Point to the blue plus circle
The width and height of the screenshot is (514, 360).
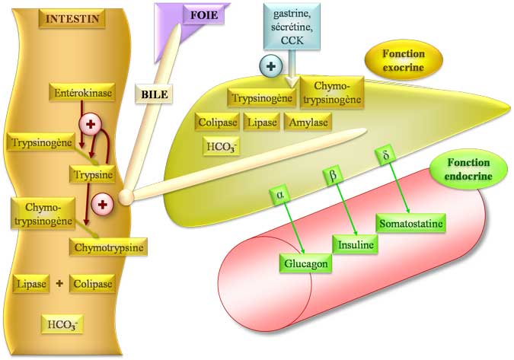click(270, 66)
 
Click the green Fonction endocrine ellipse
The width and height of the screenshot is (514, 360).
click(469, 170)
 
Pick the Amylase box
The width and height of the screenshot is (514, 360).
click(308, 122)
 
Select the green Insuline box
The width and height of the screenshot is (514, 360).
click(356, 245)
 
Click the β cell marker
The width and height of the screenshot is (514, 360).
click(331, 174)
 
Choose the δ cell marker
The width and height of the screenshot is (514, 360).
click(385, 157)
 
